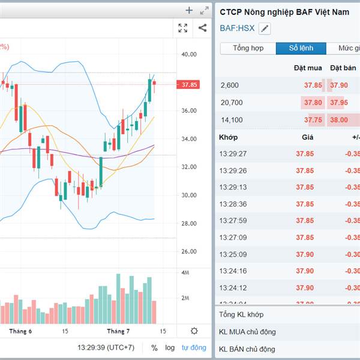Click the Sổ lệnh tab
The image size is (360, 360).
click(301, 49)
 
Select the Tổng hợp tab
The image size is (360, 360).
click(248, 49)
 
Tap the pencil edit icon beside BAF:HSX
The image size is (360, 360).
click(265, 28)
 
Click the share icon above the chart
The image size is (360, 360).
click(202, 28)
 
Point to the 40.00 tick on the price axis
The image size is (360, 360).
click(189, 55)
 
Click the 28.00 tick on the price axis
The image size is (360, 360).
click(189, 224)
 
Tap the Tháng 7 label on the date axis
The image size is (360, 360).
click(118, 331)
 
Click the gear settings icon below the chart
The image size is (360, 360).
click(194, 331)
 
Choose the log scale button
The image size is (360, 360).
click(170, 347)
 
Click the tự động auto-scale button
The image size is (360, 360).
click(194, 347)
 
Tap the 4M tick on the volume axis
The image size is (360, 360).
click(185, 273)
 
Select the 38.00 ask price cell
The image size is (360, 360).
click(338, 119)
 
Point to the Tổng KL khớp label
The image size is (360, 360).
click(241, 314)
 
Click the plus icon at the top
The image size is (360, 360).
click(189, 10)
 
